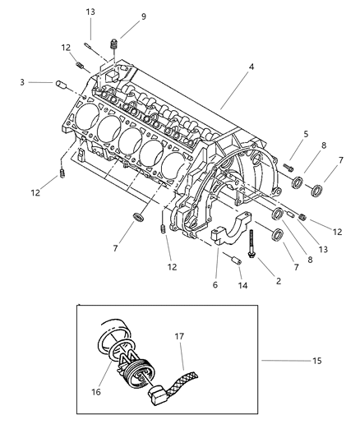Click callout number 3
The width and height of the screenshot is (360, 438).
click(x=22, y=82)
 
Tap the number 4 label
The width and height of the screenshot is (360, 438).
click(x=252, y=67)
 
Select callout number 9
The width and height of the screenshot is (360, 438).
click(x=143, y=16)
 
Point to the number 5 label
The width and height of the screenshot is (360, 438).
click(x=306, y=134)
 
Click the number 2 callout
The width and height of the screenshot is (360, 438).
click(x=279, y=281)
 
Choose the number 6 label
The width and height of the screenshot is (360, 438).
click(x=215, y=285)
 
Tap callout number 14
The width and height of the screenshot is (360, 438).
click(x=242, y=285)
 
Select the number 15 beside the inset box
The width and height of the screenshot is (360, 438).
click(x=316, y=361)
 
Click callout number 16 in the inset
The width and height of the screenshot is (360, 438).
click(x=96, y=392)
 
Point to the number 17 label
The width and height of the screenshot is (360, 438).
click(x=179, y=336)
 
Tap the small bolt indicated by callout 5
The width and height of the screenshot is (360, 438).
click(x=288, y=168)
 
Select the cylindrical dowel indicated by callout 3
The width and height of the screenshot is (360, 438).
click(x=61, y=84)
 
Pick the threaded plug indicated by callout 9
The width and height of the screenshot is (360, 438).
click(x=113, y=44)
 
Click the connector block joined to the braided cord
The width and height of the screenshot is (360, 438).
click(x=158, y=394)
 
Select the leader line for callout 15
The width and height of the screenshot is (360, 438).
click(x=286, y=361)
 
